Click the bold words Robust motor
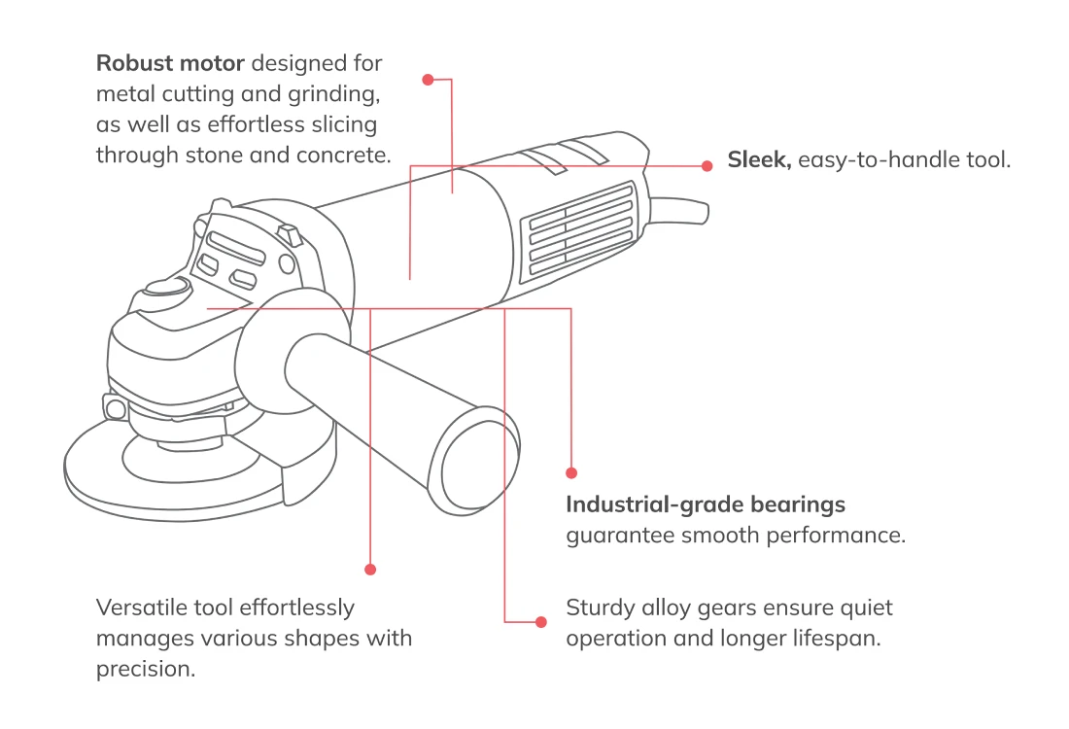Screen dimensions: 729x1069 (170, 64)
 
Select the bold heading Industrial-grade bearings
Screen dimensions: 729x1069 (706, 504)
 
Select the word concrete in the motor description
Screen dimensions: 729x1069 (347, 156)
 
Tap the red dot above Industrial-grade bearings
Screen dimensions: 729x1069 (571, 473)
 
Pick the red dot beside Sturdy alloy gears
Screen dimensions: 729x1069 (542, 620)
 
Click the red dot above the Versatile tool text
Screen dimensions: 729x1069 (369, 569)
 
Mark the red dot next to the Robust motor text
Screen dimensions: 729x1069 (428, 80)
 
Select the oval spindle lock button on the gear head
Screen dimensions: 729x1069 (166, 286)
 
